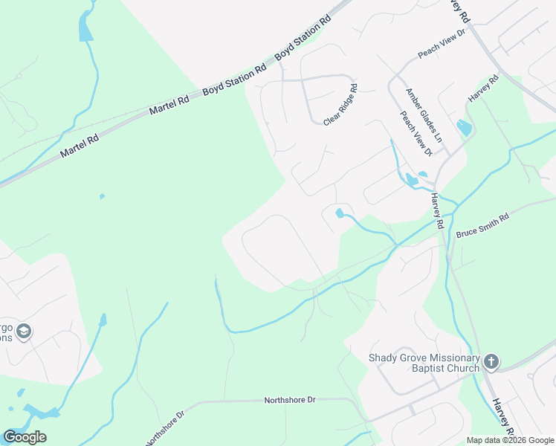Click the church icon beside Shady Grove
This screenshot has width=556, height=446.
click(x=491, y=362)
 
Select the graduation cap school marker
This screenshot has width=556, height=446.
click(x=24, y=331)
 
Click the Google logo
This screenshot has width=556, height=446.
click(x=25, y=437)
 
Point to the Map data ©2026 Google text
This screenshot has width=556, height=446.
click(x=510, y=441)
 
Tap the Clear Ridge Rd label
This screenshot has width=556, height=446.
click(x=341, y=105)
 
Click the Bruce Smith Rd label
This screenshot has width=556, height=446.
click(x=482, y=222)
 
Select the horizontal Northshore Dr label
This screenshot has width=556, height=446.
click(x=290, y=400)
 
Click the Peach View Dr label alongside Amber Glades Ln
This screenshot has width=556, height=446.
click(x=416, y=134)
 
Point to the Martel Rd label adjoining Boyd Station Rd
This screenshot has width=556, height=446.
click(x=166, y=106)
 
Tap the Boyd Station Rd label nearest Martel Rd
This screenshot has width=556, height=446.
click(x=233, y=78)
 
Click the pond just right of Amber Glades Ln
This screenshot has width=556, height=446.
click(x=465, y=127)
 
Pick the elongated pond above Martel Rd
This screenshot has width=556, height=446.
click(x=85, y=28)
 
